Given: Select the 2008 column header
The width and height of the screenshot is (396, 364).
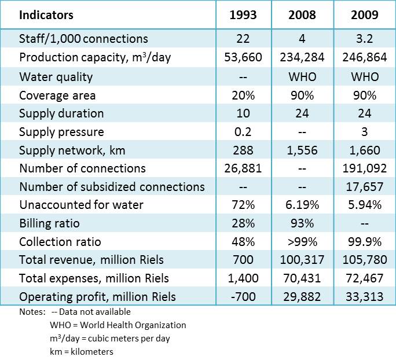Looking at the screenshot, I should (x=302, y=14).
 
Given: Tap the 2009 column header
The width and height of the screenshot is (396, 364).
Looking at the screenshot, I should (x=364, y=14).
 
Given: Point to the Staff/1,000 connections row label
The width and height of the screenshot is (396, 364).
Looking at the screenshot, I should (x=83, y=39).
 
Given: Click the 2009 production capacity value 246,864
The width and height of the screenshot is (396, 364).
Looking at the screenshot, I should (x=364, y=58).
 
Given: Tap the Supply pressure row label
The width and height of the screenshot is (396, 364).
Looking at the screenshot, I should (x=61, y=132).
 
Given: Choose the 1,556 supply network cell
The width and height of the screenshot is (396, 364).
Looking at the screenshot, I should (x=302, y=150).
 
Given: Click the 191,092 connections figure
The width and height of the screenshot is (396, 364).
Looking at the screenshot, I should (x=364, y=169).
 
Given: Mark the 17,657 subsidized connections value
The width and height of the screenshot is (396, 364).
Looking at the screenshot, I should (x=364, y=187).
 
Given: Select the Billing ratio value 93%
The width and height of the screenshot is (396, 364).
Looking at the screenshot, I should (x=302, y=224).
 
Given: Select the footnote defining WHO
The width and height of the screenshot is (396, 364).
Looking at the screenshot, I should (x=118, y=325).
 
